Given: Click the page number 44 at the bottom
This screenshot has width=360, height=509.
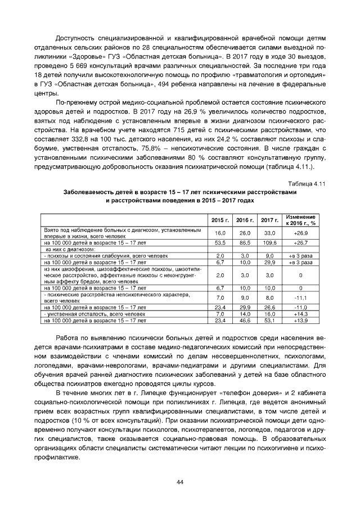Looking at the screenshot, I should (180, 482).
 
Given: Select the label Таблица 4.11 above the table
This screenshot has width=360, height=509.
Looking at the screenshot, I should (307, 184).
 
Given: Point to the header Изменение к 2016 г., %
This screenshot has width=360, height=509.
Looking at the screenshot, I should (301, 219).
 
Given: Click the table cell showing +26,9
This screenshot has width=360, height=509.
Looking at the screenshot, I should (301, 233).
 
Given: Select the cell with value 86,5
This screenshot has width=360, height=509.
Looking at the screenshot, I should (245, 242).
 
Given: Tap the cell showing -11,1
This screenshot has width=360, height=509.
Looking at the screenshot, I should (301, 297).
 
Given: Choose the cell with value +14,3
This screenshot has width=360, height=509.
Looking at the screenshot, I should (301, 314).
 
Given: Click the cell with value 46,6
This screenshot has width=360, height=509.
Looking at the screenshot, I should (245, 320).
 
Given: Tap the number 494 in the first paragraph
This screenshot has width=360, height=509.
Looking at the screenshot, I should (179, 84).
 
